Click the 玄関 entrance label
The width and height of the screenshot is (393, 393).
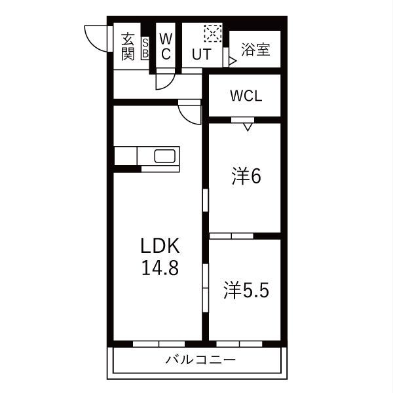pyautogui.click(x=127, y=47)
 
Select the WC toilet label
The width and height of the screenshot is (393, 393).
pyautogui.click(x=166, y=47)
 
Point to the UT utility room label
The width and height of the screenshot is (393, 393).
pyautogui.click(x=200, y=54)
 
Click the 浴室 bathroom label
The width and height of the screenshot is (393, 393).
pyautogui.click(x=255, y=50)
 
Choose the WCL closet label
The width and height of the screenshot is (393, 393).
pyautogui.click(x=246, y=96)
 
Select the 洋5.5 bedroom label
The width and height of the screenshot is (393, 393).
pyautogui.click(x=246, y=291)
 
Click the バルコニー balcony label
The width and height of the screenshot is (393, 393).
pyautogui.click(x=200, y=359)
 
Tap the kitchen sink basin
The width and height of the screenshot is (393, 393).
pyautogui.click(x=164, y=157)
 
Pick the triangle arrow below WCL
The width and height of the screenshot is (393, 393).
pyautogui.click(x=248, y=126)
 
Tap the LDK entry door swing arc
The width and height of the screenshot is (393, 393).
pyautogui.click(x=190, y=113)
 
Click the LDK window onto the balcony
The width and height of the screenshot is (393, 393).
pyautogui.click(x=159, y=343)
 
